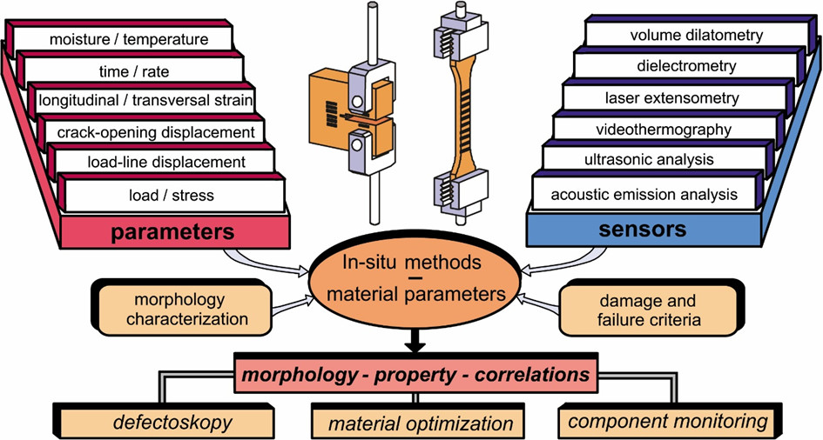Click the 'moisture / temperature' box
[128, 39]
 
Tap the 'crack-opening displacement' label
[155, 131]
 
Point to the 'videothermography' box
[658, 130]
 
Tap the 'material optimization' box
[420, 423]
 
